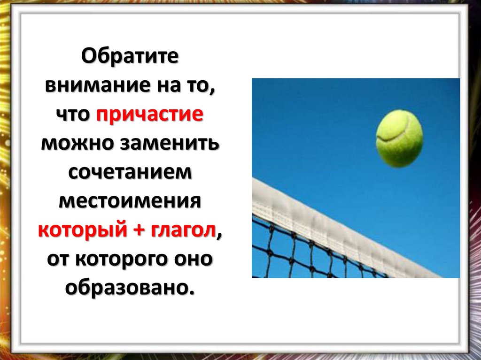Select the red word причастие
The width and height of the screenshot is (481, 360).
[x=150, y=115]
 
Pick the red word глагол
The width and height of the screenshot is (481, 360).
[x=185, y=230]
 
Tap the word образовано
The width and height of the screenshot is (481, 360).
[x=129, y=288]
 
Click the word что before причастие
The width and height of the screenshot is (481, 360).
[x=76, y=115]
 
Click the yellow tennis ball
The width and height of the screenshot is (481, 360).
[x=399, y=138]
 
